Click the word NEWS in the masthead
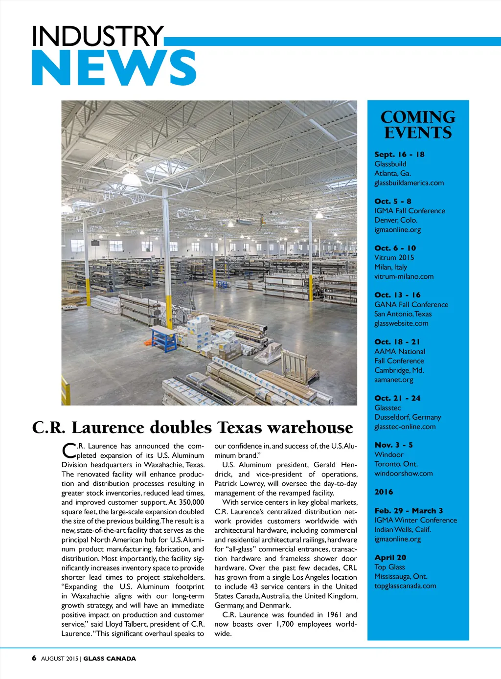tap(114, 68)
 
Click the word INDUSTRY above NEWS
tap(98, 36)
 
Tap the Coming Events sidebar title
tap(418, 125)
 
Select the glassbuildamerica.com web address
tap(409, 183)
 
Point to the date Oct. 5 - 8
tap(392, 201)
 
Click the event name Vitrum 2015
tap(394, 257)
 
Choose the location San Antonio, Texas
tap(403, 314)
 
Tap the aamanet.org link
tap(393, 380)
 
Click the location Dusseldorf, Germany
tap(408, 417)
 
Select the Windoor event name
tap(388, 454)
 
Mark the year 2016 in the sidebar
tap(384, 492)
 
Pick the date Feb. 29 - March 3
tap(409, 511)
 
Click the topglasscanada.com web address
tap(405, 586)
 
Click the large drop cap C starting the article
tap(69, 451)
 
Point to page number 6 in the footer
tap(34, 658)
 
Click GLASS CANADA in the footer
tap(110, 658)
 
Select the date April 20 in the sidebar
tap(390, 558)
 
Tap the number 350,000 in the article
tap(191, 502)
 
